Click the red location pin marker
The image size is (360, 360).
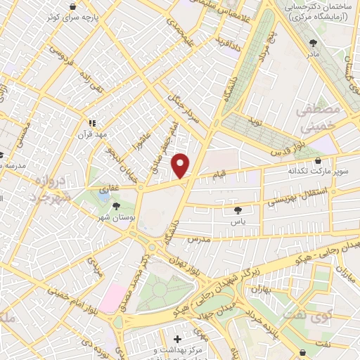[181, 165]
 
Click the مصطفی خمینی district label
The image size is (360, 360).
[317, 120]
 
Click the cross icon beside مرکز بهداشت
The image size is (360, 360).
[186, 339]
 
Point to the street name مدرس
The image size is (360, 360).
[200, 240]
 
